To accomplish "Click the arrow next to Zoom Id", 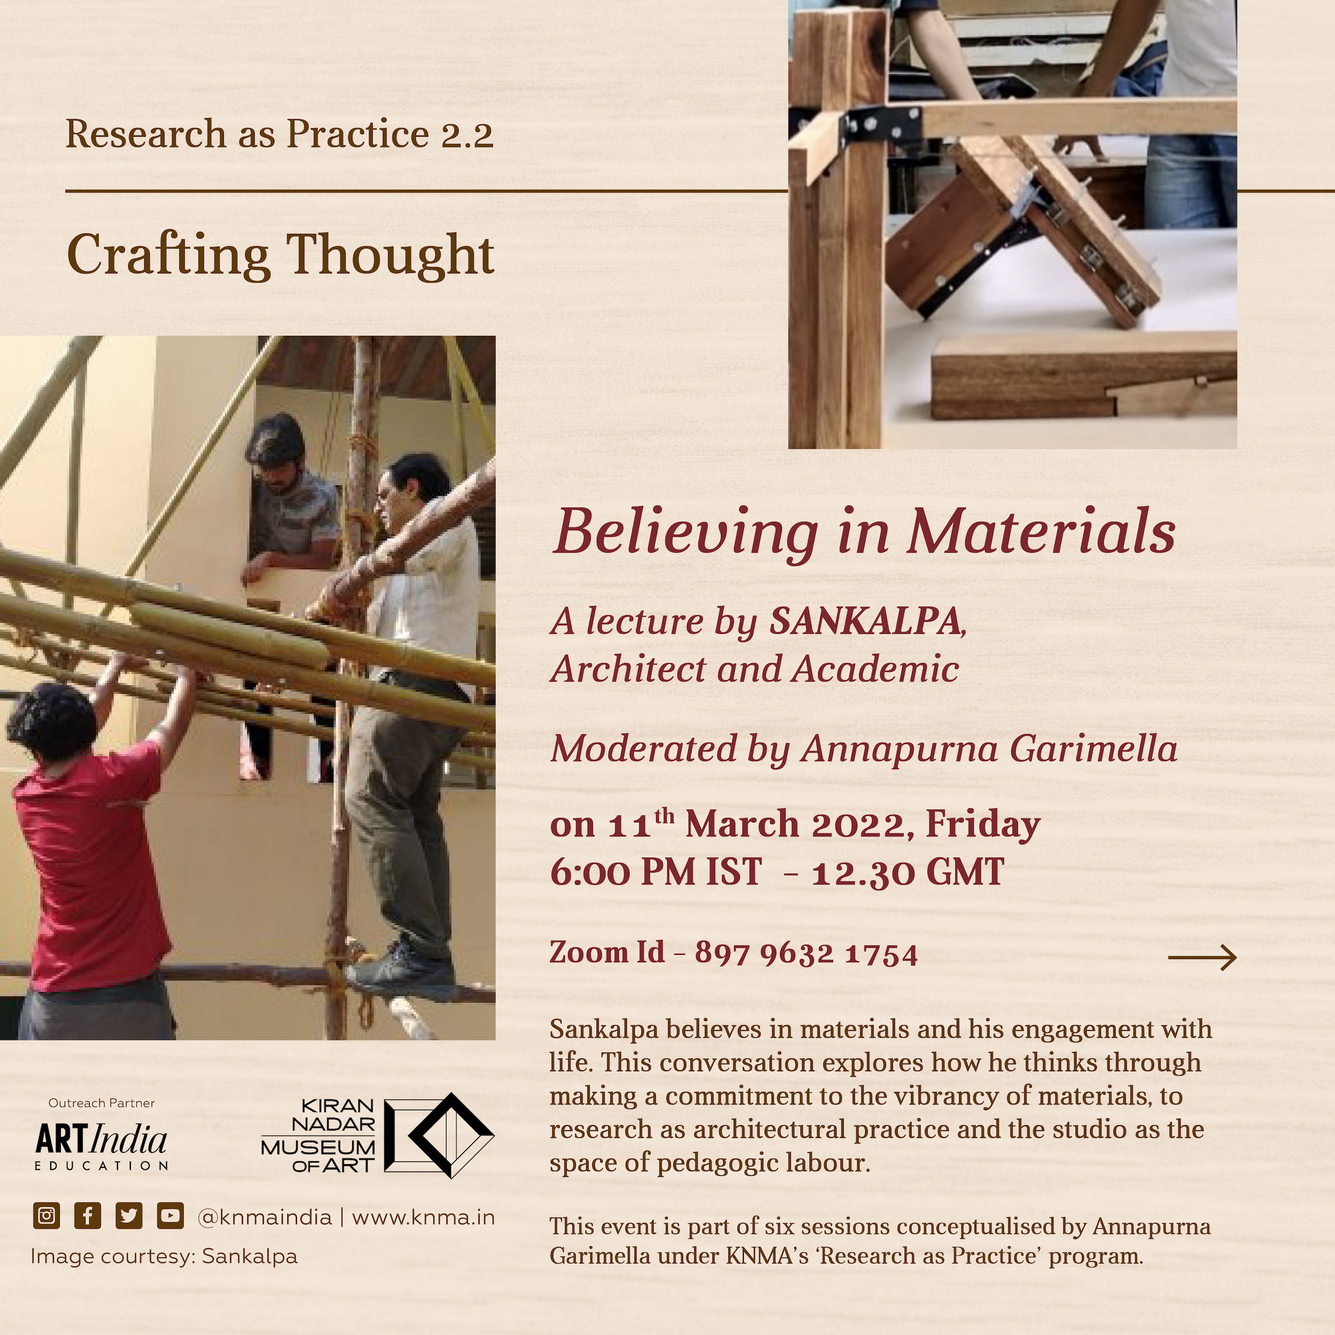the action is [x=1203, y=957].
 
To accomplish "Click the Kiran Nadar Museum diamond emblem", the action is [x=439, y=1135].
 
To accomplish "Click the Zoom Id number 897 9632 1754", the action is [x=806, y=954].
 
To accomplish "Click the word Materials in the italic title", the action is [x=1041, y=533].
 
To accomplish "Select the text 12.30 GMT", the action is [x=908, y=872].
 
